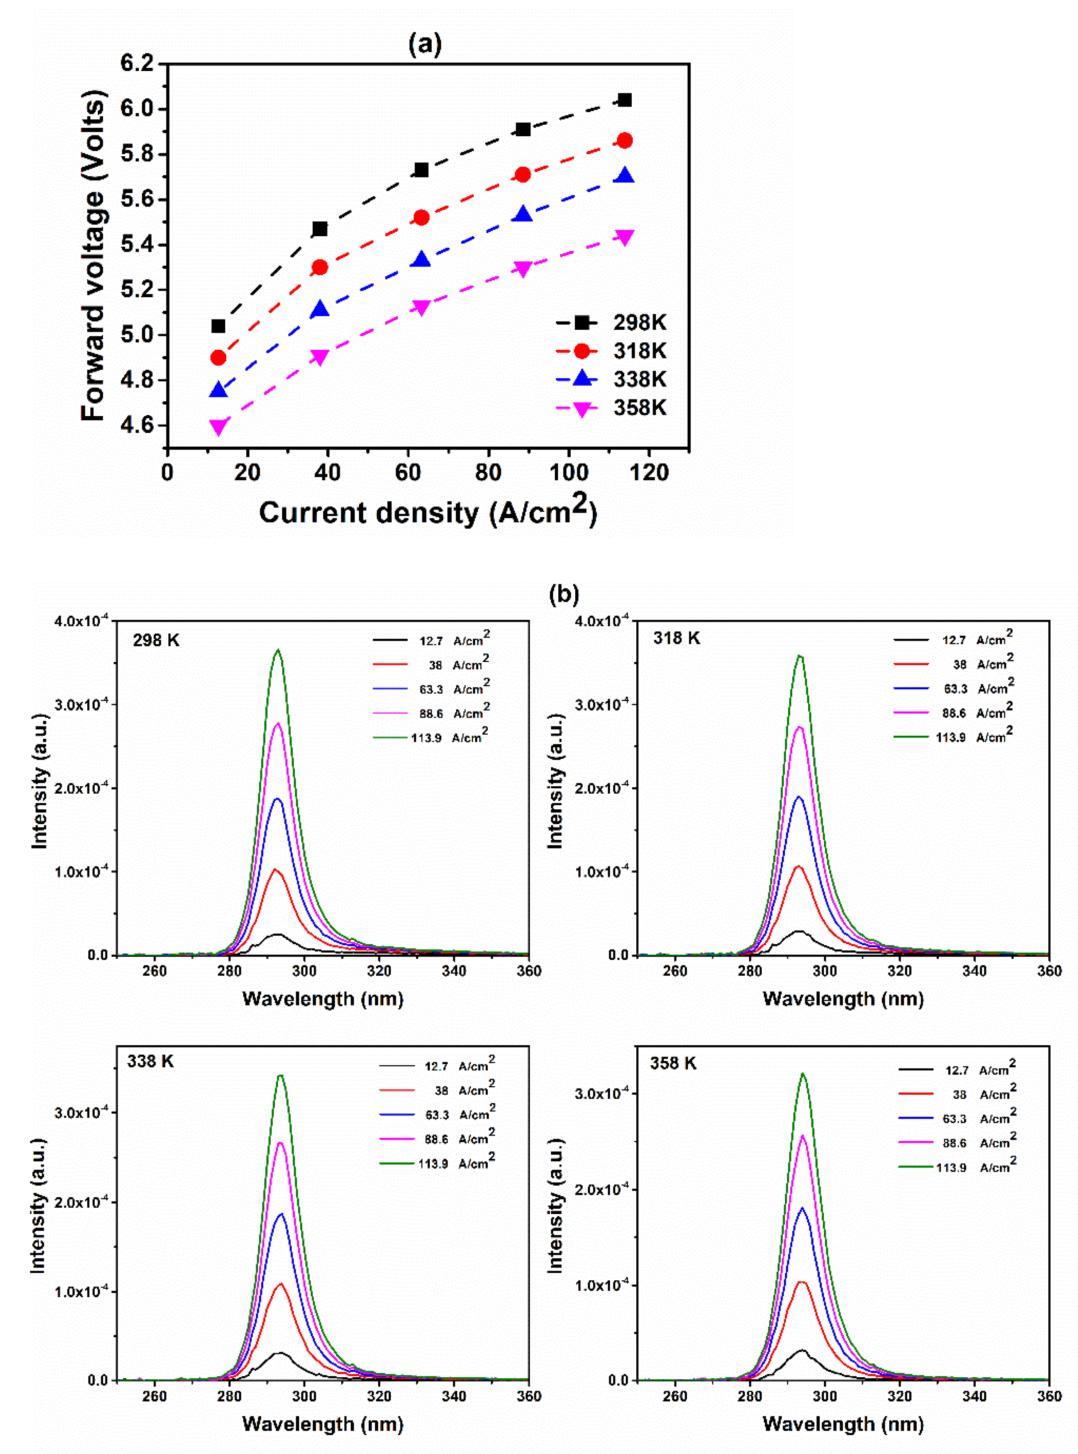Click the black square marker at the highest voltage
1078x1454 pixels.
coord(624,100)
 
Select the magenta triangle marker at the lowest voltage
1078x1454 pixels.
coord(219,427)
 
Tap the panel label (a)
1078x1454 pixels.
coord(425,44)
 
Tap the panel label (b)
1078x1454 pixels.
coord(564,594)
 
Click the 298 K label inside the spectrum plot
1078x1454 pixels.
coord(156,640)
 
